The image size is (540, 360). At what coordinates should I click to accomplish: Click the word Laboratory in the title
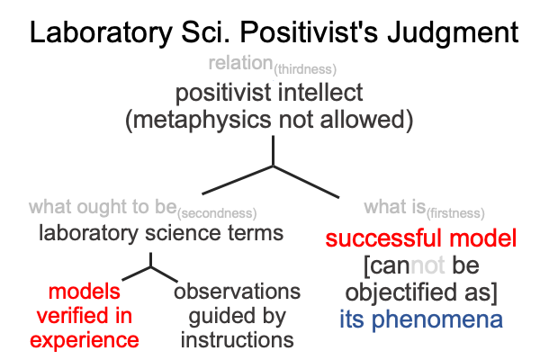point(101,33)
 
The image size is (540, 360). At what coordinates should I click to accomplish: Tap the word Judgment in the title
point(453,33)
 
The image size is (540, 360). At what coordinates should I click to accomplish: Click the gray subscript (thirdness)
point(305,69)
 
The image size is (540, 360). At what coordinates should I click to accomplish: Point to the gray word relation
point(240,63)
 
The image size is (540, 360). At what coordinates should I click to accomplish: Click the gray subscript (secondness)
point(217,213)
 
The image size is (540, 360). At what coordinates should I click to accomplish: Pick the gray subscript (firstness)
point(455,213)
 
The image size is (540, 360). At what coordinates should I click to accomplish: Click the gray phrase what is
point(395,207)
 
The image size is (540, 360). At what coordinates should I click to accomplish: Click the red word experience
point(85,341)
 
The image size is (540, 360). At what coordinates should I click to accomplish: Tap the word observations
point(237,292)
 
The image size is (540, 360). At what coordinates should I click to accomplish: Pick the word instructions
point(238,339)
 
